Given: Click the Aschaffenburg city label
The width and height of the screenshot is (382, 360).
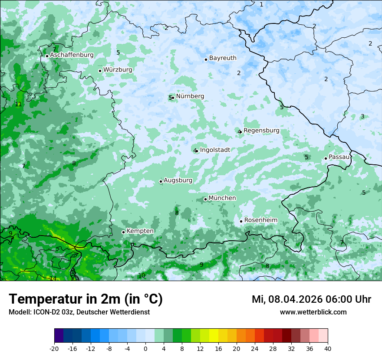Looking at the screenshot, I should tap(72, 55).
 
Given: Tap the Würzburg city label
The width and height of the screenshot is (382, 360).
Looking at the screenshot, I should tap(118, 70).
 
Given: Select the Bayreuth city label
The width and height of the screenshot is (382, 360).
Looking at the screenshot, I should tap(223, 58).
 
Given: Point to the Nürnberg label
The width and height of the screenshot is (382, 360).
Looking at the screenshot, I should tap(190, 96).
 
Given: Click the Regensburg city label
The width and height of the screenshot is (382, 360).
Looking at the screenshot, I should tap(261, 131).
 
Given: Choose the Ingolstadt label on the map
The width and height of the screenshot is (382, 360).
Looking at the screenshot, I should tap(215, 150).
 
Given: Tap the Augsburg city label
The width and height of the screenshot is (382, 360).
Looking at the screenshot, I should tap(178, 180).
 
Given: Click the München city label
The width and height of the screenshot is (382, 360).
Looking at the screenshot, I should tap(222, 198).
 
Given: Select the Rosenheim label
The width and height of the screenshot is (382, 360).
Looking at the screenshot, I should tap(260, 220).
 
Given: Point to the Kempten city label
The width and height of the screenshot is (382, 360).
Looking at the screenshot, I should tap(140, 231).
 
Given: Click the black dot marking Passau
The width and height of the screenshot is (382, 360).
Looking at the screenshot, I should tap(326, 158).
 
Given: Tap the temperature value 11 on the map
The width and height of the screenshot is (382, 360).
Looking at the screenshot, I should tap(18, 104).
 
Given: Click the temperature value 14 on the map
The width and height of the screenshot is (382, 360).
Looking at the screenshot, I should tap(53, 278).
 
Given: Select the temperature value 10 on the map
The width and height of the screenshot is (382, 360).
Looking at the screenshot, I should tap(142, 275).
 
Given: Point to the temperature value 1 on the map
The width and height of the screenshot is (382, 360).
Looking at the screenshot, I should tap(261, 4).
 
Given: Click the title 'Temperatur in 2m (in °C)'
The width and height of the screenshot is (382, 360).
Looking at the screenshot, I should tap(86, 299).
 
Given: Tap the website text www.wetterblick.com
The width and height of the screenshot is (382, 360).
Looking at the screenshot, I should tap(313, 312).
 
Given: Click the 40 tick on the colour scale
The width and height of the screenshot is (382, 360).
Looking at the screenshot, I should tap(328, 348).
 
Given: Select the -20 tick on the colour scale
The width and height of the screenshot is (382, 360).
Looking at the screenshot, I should tap(54, 348).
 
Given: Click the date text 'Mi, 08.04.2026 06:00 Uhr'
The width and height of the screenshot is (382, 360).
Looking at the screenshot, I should tap(311, 299).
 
